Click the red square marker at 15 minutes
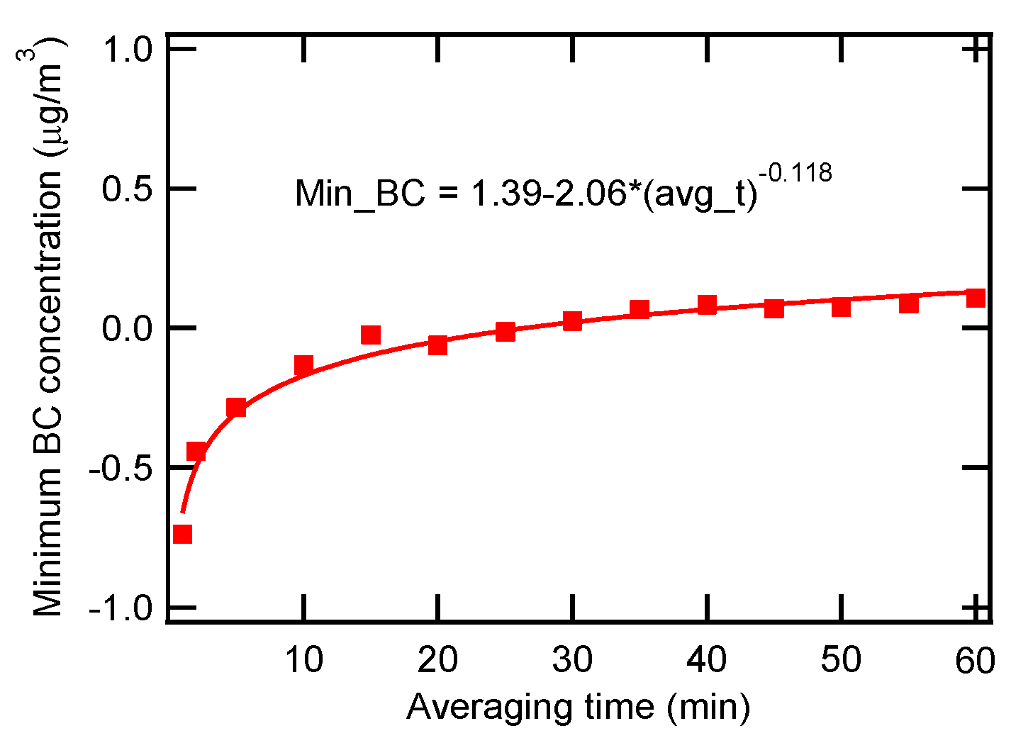coord(370,335)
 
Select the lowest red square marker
coord(182,534)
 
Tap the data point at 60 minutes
coord(976,297)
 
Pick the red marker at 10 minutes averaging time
coord(303,365)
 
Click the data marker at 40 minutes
coord(707,306)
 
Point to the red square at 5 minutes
coord(236,408)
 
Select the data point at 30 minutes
coord(572,321)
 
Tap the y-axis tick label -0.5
coord(121,468)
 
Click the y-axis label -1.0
coord(121,608)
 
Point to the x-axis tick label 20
coord(437,661)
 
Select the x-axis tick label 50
coord(841,661)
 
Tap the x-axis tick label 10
coord(303,661)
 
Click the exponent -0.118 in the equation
coord(795,172)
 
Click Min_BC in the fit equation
coord(359,193)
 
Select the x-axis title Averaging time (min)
coord(578,707)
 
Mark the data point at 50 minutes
coord(841,307)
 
